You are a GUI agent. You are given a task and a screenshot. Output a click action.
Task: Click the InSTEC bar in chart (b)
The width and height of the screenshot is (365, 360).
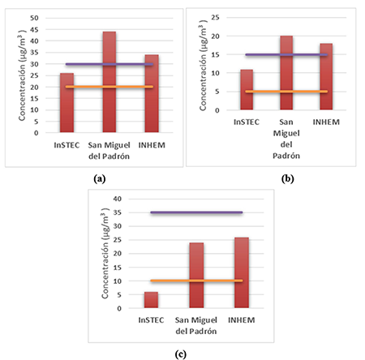247,90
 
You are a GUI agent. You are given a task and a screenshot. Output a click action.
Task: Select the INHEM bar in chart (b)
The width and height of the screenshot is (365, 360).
325,77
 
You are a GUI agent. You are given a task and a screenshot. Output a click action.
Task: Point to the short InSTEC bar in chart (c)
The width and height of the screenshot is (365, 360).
151,300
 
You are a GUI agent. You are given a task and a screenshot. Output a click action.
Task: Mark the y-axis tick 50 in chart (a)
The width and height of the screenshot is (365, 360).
42,18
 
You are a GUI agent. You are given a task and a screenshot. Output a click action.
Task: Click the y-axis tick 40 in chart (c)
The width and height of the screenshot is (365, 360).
118,199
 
